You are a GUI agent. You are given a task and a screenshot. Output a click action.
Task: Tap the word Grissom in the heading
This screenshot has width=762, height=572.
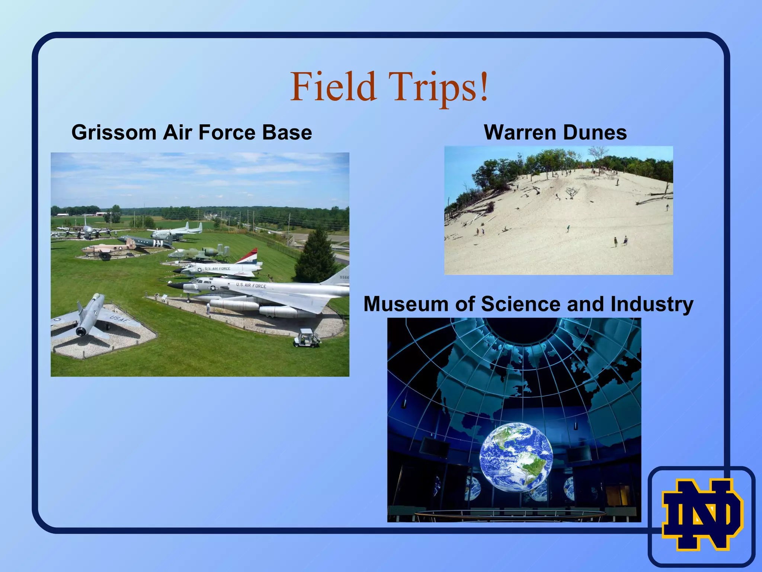pos(113,133)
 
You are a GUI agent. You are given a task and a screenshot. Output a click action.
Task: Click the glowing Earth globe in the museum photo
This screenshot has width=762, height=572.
pos(516,457)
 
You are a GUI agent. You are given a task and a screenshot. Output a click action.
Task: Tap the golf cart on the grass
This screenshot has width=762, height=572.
pos(307,338)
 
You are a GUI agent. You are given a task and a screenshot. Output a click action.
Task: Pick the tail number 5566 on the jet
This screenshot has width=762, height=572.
pos(344,277)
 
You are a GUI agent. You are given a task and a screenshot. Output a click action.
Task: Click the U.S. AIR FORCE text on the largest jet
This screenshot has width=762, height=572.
pos(251,286)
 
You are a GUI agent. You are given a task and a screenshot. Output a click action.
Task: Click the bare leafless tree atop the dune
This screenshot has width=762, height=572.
pos(598,154)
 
